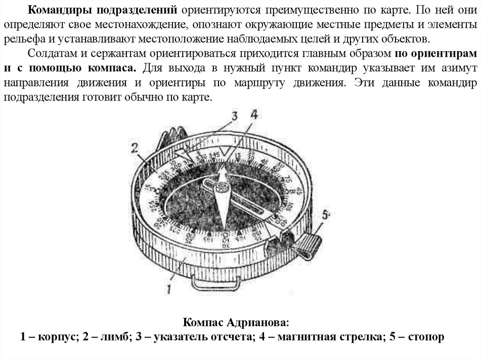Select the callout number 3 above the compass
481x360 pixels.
(x=235, y=115)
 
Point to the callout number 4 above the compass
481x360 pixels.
(x=254, y=115)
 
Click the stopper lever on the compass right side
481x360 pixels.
(x=308, y=245)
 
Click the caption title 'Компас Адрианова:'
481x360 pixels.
(x=236, y=323)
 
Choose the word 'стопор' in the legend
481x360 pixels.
(x=426, y=337)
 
